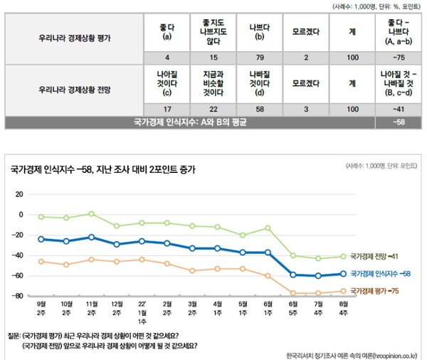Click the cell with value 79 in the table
tap(256, 58)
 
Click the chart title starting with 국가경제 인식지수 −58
tap(102, 169)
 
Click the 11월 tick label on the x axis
tap(91, 307)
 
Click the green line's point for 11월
tap(91, 213)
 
